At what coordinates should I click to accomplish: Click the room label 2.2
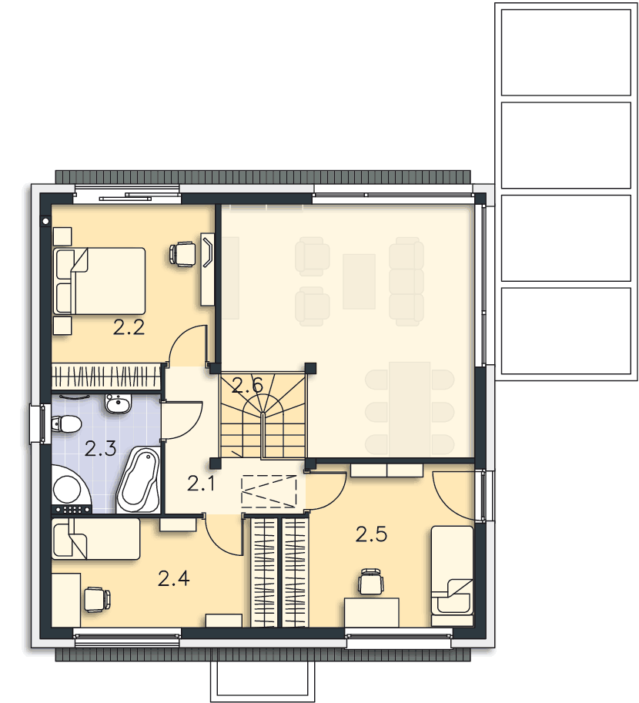(x=129, y=328)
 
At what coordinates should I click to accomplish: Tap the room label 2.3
(x=100, y=448)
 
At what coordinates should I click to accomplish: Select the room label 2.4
(x=173, y=578)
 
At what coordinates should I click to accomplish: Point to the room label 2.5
(x=371, y=534)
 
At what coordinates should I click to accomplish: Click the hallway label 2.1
(x=201, y=484)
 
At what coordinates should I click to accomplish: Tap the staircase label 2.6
(x=248, y=386)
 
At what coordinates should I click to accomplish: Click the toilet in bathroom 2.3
(x=66, y=423)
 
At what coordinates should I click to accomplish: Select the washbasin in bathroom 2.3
(x=119, y=403)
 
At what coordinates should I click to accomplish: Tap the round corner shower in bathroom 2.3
(x=71, y=489)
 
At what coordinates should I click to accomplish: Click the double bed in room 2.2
(x=99, y=281)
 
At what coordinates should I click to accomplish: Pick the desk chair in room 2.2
(x=182, y=254)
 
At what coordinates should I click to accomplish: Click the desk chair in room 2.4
(x=97, y=599)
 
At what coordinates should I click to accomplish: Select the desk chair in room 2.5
(x=371, y=582)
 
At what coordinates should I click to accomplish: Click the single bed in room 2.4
(x=96, y=539)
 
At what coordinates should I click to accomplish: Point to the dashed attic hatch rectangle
(x=269, y=491)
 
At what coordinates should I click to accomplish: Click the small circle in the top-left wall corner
(x=45, y=221)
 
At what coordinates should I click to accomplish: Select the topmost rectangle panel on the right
(x=566, y=52)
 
